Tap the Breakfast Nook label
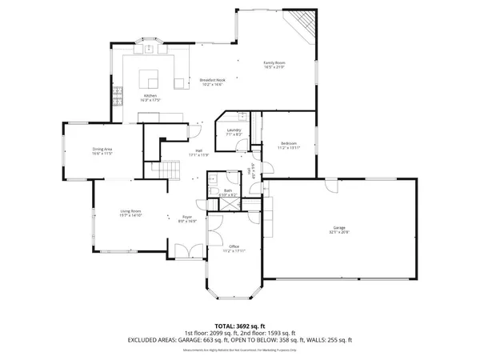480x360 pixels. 210,80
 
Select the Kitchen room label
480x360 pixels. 150,96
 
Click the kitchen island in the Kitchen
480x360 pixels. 151,78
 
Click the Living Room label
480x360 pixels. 130,212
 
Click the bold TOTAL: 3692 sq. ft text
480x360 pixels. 240,326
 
